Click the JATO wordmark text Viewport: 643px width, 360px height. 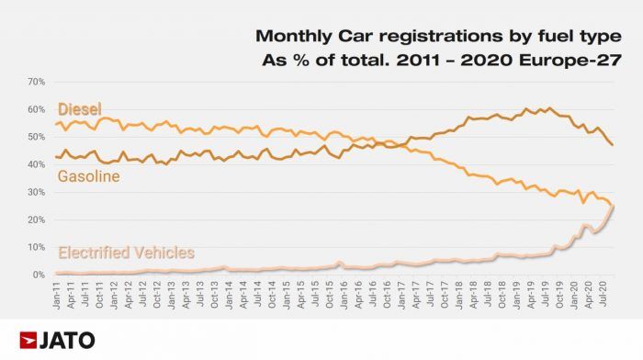tap(69, 340)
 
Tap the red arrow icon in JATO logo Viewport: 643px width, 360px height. tap(29, 340)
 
